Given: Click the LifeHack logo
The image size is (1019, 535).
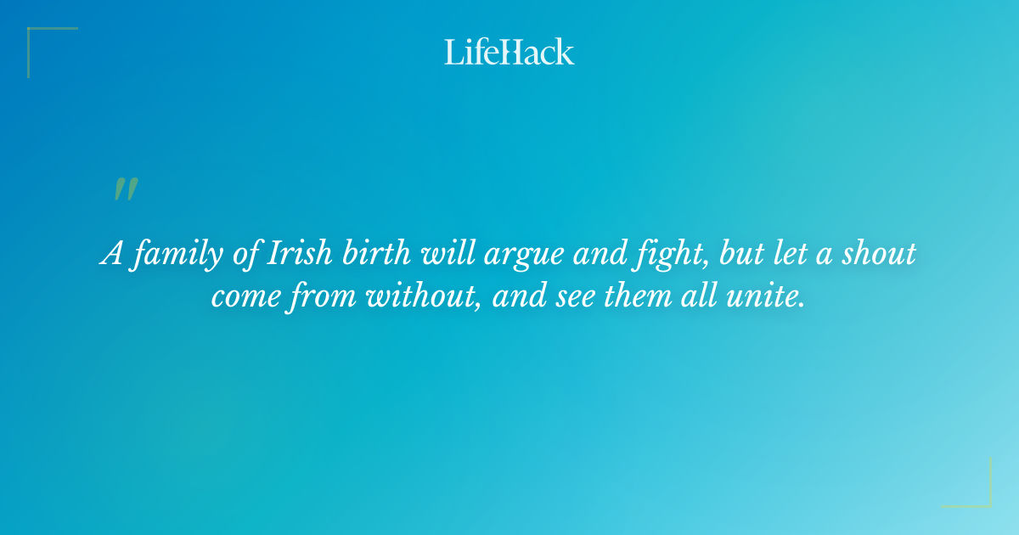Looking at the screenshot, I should point(509,52).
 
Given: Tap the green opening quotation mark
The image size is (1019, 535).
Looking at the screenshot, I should point(125,189).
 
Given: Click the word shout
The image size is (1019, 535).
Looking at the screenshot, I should point(881,254).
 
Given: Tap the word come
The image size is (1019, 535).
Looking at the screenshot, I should point(243,298).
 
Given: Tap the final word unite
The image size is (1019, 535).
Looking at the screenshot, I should point(768,296).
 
